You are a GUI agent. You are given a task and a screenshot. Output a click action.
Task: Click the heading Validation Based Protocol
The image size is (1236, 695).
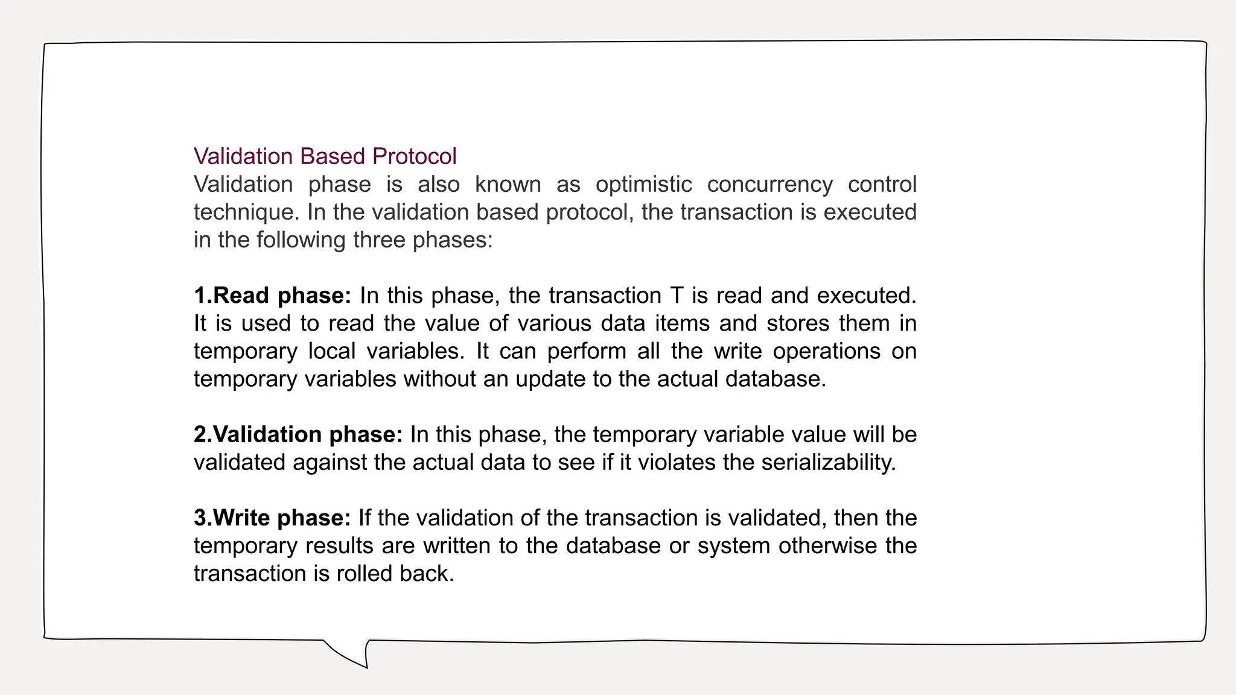point(325,156)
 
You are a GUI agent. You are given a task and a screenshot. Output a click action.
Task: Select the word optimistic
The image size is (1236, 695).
point(643,184)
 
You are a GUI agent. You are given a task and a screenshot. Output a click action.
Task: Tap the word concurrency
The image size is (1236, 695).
point(769,184)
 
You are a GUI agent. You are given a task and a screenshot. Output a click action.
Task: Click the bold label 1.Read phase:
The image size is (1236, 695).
point(272,296)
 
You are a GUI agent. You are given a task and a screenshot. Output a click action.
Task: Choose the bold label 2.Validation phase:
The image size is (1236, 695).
point(298,434)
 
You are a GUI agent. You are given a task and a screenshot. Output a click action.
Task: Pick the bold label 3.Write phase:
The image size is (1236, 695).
point(272,518)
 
